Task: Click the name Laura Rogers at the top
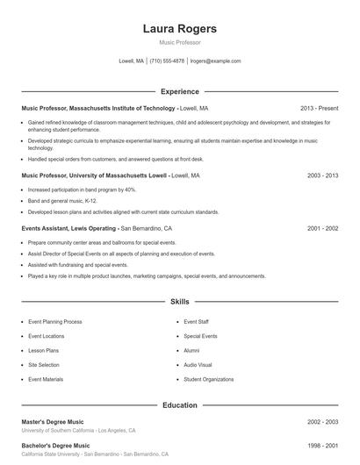click(179, 29)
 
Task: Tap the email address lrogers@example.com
click(215, 61)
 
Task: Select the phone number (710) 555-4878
click(167, 61)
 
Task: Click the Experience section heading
click(179, 91)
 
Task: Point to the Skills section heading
click(179, 301)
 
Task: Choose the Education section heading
click(179, 405)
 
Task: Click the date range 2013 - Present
click(319, 108)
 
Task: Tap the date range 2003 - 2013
click(322, 175)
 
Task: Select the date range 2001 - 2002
click(322, 228)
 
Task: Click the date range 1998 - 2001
click(322, 446)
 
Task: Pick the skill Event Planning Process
click(54, 322)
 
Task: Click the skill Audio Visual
click(198, 365)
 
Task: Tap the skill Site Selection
click(44, 365)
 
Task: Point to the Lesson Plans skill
click(44, 350)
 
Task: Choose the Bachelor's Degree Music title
click(55, 446)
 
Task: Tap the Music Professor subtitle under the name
click(179, 42)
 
